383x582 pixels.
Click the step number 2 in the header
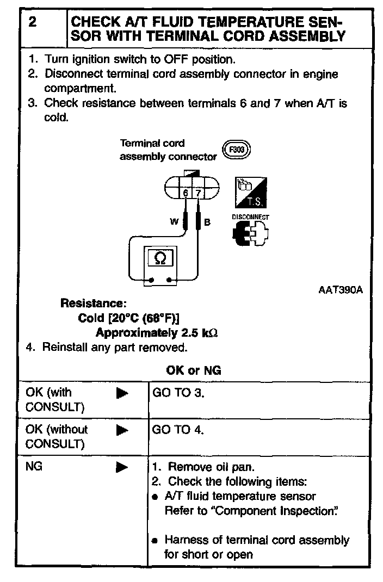[x=32, y=23]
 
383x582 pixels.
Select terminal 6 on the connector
[x=186, y=193]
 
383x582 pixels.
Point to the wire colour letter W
[x=175, y=222]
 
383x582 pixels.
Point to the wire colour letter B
[x=207, y=222]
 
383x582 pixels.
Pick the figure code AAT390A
[x=340, y=290]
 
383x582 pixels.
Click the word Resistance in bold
[x=93, y=303]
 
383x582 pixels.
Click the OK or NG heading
[x=193, y=371]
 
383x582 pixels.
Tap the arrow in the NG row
[x=122, y=467]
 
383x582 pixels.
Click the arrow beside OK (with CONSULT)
[x=122, y=393]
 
